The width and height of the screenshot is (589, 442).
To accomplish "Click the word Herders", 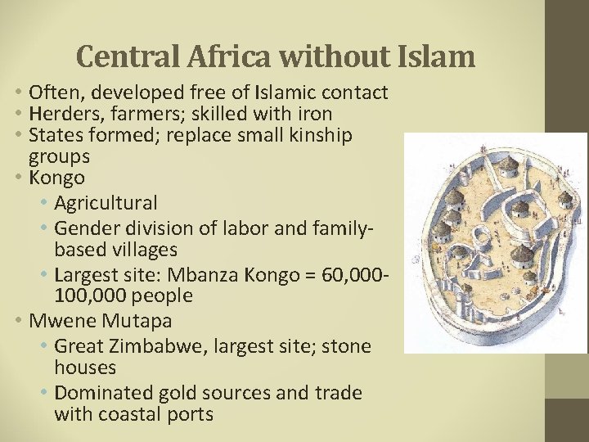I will pos(62,114).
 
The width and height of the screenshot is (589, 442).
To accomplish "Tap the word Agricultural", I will pos(106,201).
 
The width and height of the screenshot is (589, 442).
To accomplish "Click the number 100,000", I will pos(90,295).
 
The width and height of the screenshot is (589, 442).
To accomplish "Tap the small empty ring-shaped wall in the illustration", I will pos(483,241).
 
